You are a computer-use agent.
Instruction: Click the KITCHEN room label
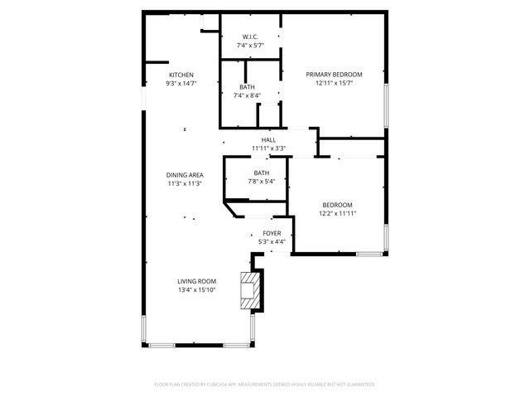181,75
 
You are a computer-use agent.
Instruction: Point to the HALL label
268,140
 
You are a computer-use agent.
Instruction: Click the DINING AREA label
185,175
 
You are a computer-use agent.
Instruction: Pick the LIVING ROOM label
196,281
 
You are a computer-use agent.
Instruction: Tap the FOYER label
272,233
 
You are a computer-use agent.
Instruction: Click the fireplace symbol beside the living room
248,290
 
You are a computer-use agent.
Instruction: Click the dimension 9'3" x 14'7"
181,83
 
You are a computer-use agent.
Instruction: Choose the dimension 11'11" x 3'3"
268,148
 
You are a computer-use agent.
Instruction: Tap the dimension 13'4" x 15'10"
196,289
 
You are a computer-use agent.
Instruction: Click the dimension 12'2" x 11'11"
337,213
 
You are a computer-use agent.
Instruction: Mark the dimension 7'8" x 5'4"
262,181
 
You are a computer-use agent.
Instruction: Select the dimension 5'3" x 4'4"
272,241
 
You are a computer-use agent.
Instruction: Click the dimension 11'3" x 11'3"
185,183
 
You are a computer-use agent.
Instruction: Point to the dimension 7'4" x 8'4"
248,95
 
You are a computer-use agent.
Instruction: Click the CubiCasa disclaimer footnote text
265,384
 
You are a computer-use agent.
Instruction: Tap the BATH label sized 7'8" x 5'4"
262,172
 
